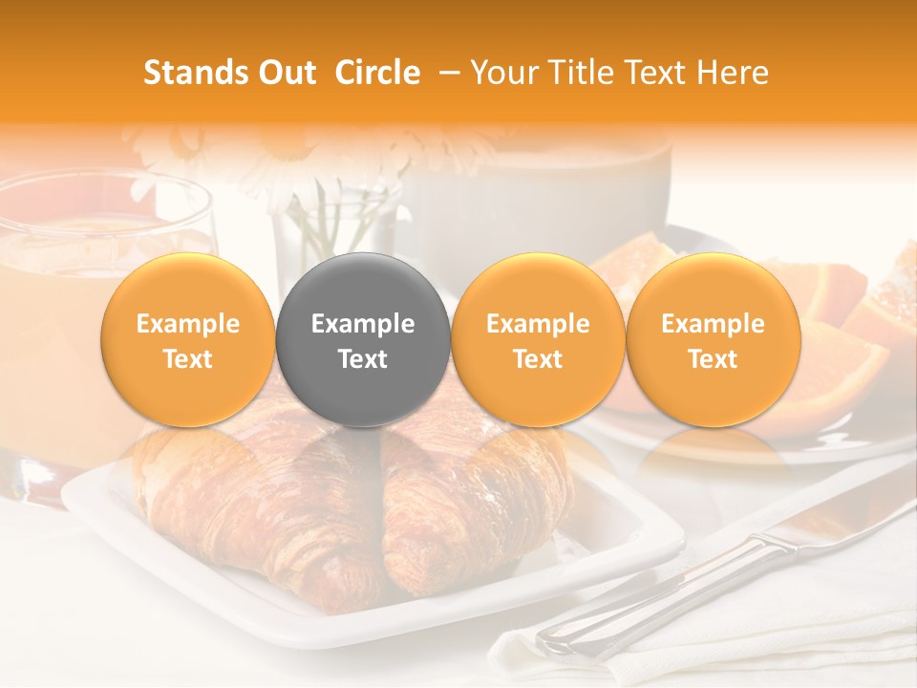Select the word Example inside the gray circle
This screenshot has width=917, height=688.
362,324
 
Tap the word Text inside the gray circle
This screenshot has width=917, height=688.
362,359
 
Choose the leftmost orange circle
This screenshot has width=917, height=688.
187,340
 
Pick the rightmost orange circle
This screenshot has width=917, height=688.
713,340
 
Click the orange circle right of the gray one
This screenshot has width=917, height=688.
538,340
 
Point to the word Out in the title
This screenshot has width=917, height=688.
286,73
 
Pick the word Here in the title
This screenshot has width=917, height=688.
733,73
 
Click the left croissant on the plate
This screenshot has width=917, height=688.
248,497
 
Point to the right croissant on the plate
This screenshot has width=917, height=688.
468,497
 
